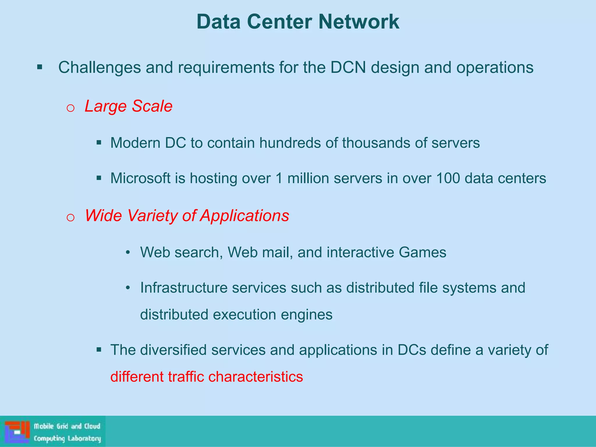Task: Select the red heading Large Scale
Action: coord(128,106)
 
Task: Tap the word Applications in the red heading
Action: coord(244,216)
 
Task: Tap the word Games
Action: coord(422,252)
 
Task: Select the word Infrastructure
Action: coord(184,288)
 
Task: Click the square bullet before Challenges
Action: coord(40,68)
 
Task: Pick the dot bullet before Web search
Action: coord(127,252)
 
